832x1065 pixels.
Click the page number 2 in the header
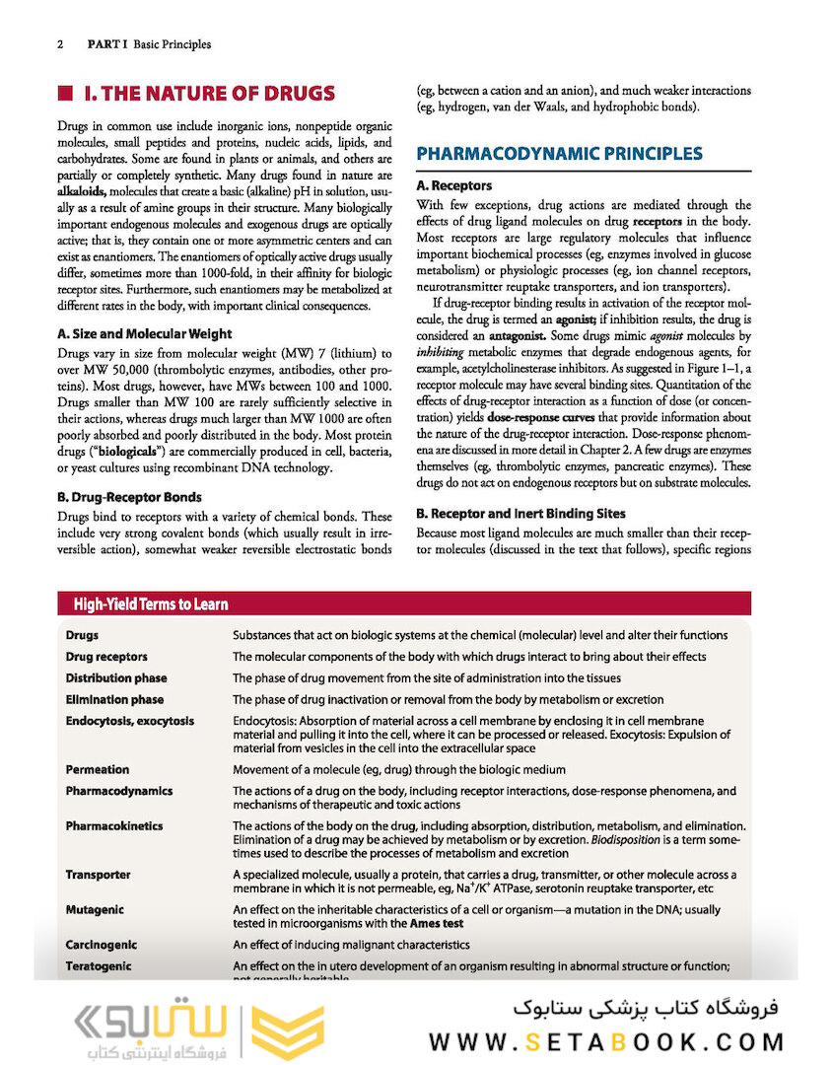[x=60, y=44]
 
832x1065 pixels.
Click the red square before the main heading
[x=66, y=95]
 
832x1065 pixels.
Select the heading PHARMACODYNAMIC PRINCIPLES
[x=559, y=154]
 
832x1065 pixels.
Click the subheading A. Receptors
[x=453, y=185]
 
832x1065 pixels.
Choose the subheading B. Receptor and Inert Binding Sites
[x=520, y=514]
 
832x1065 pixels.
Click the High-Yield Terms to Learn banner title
[x=151, y=604]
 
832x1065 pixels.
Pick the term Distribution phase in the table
[x=116, y=678]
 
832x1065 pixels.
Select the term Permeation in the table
[x=98, y=769]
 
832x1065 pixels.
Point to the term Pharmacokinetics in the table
[x=114, y=825]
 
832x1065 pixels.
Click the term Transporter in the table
[x=99, y=875]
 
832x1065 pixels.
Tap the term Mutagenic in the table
[x=95, y=909]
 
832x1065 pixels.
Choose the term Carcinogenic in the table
[x=102, y=945]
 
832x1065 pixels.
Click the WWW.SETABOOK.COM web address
[x=606, y=1041]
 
